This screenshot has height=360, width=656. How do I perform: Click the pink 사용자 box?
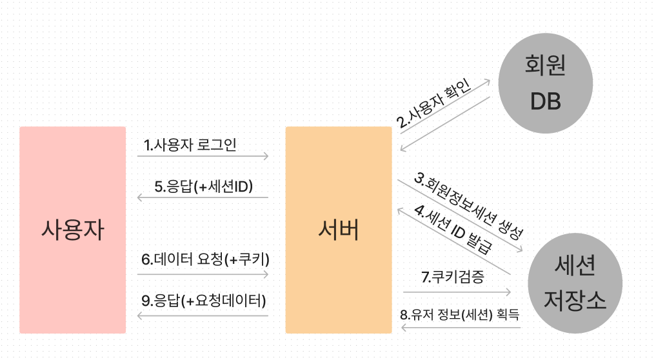(72, 230)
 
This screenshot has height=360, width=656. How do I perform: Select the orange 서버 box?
(338, 230)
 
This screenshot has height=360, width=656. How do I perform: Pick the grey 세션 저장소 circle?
(575, 281)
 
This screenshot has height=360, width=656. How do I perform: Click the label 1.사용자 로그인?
(190, 145)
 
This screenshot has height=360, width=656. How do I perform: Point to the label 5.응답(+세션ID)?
(203, 186)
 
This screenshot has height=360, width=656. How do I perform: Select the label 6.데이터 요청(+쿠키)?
(205, 259)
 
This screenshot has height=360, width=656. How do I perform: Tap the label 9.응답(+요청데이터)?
(204, 301)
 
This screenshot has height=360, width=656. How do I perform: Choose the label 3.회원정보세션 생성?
(468, 205)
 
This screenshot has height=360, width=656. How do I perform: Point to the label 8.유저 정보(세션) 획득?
(459, 315)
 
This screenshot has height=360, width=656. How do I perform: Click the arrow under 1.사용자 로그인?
(203, 156)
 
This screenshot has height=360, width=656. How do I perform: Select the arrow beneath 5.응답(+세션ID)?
(203, 197)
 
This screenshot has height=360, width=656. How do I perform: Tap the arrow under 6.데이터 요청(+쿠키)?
(203, 275)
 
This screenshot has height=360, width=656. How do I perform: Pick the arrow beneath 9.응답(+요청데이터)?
(203, 315)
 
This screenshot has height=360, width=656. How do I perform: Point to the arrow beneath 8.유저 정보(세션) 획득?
(461, 328)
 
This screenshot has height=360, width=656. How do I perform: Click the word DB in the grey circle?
(545, 101)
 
